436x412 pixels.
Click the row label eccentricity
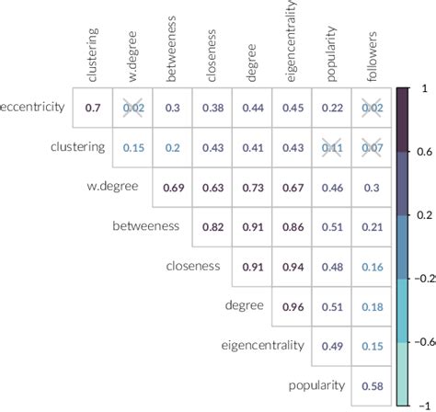32,108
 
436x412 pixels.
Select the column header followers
372,48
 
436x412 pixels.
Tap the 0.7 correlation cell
92,109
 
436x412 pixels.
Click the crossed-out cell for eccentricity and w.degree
132,109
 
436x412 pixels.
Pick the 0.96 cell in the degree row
292,306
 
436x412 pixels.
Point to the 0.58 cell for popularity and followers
371,385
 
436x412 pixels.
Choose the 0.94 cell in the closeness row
292,267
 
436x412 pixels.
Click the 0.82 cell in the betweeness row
212,227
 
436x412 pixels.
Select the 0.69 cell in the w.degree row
172,188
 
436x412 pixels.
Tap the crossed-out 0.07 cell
371,148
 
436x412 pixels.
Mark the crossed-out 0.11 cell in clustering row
331,148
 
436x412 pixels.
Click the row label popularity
317,384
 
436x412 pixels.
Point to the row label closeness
193,266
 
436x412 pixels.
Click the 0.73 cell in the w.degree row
252,188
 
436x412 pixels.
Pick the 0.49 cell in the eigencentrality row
331,346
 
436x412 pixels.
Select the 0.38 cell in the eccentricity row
212,109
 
